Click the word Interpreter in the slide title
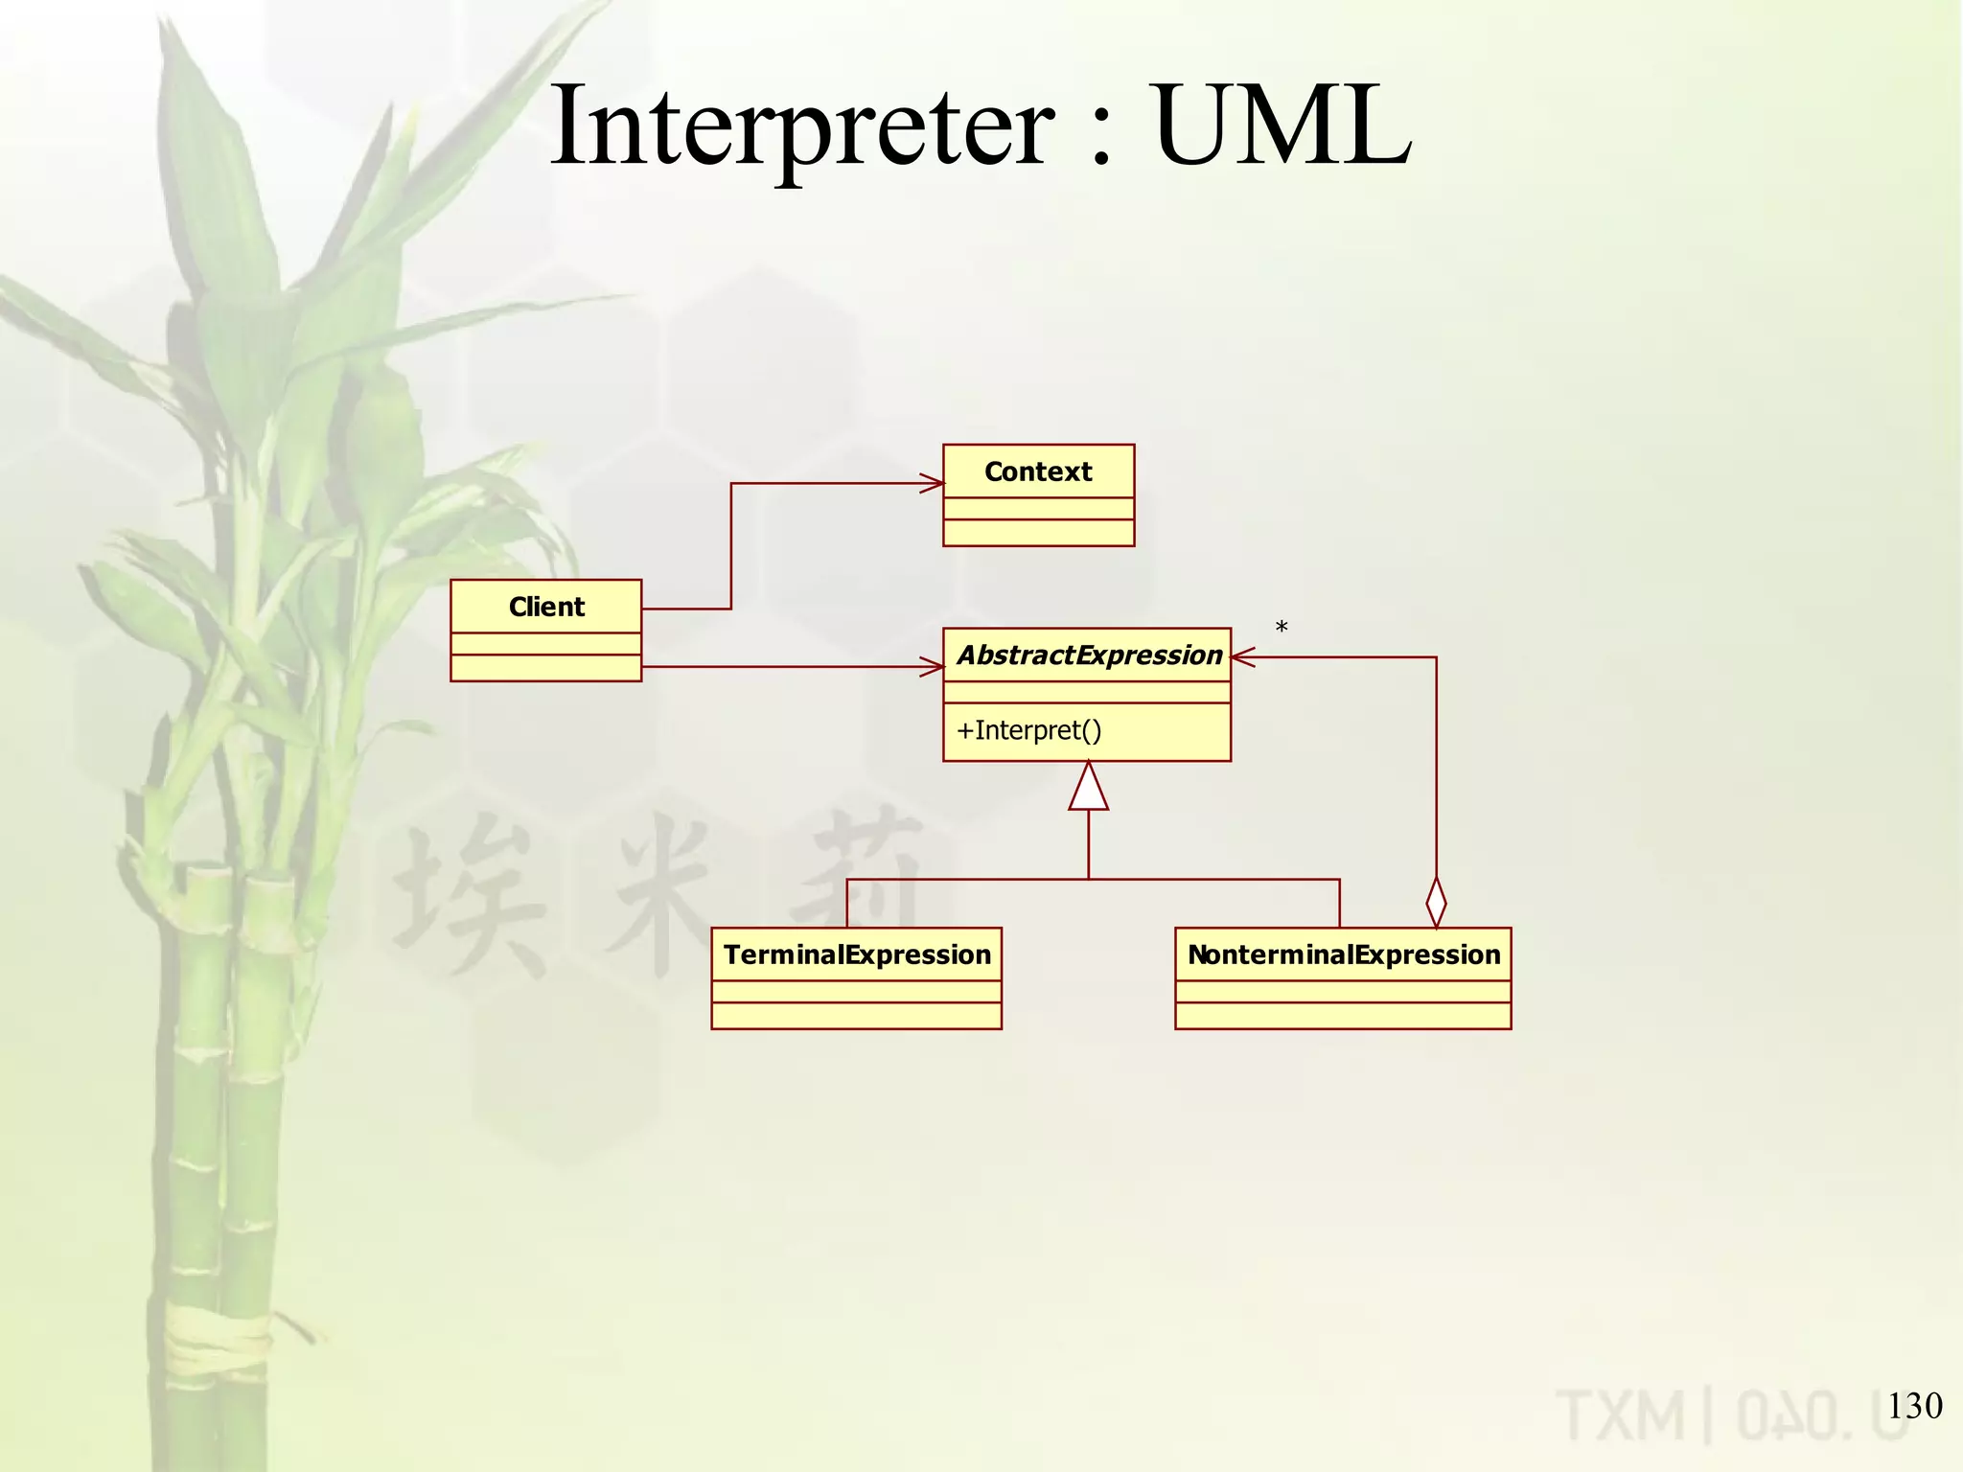point(803,126)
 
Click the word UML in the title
point(1282,126)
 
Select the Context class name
point(1038,471)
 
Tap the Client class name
point(546,607)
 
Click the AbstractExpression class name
point(1090,655)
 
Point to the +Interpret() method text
point(1029,730)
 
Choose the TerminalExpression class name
point(857,954)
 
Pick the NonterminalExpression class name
point(1344,954)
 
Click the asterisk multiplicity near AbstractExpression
point(1282,629)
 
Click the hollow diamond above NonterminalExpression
point(1436,902)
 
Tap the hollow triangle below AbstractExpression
point(1089,788)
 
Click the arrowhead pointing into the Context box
point(933,483)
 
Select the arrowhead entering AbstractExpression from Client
point(933,666)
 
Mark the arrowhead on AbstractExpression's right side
point(1243,657)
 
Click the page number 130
point(1914,1406)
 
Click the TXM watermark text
point(1621,1416)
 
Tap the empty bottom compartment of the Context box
point(1038,533)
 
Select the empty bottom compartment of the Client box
point(545,668)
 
